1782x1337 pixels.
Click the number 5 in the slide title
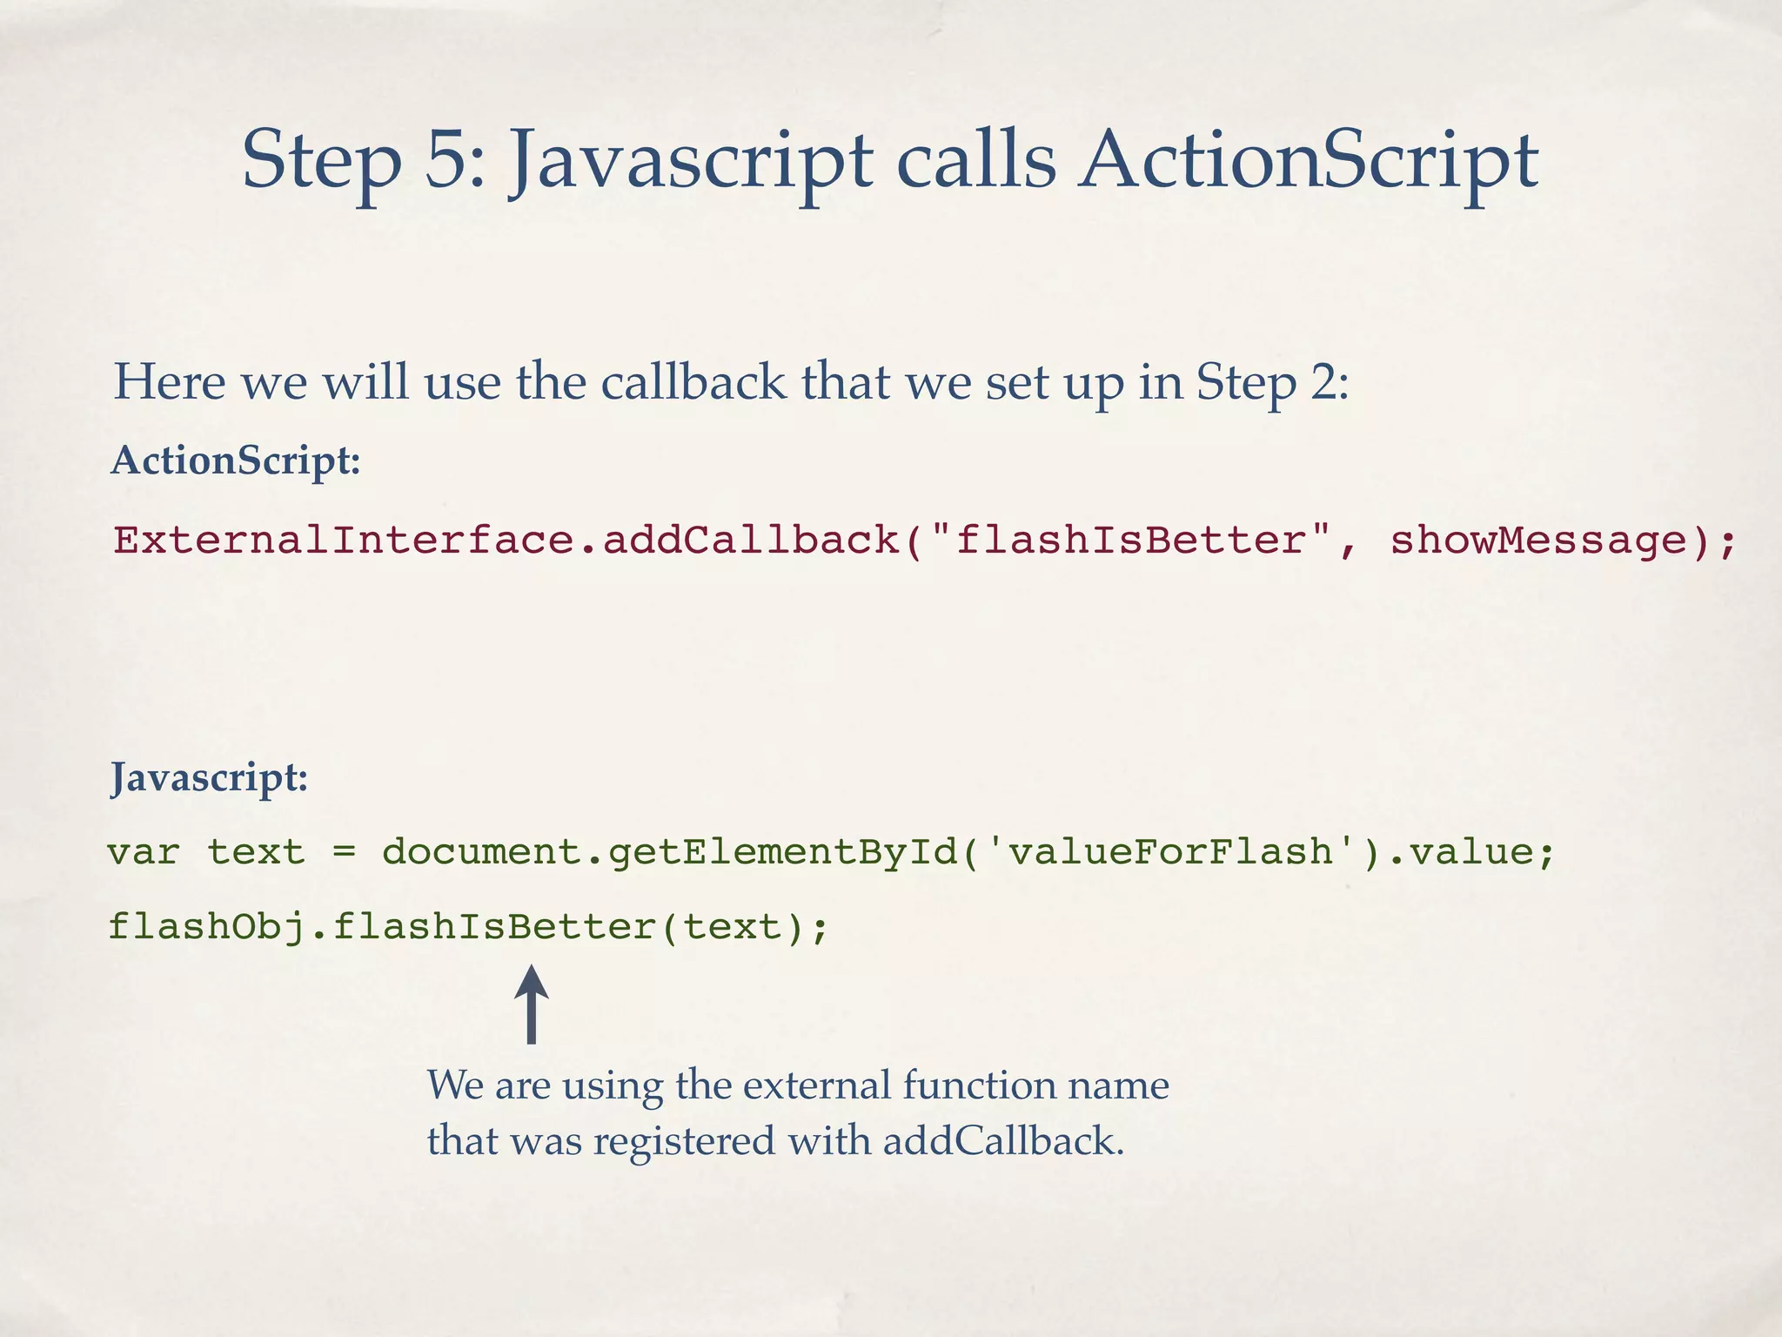coord(445,160)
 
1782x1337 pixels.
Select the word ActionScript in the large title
coord(1308,160)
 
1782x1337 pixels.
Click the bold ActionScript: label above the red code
coord(236,460)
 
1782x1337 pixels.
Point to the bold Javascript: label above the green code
coord(209,776)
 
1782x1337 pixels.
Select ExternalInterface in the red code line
coord(344,541)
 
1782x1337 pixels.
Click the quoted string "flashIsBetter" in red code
coord(1131,541)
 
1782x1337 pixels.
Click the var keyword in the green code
coord(144,851)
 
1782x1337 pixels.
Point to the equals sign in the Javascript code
coord(345,851)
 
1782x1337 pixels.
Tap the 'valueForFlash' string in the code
coord(1170,851)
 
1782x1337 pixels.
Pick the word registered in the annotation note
coord(684,1141)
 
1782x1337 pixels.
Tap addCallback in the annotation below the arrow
coord(1002,1141)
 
